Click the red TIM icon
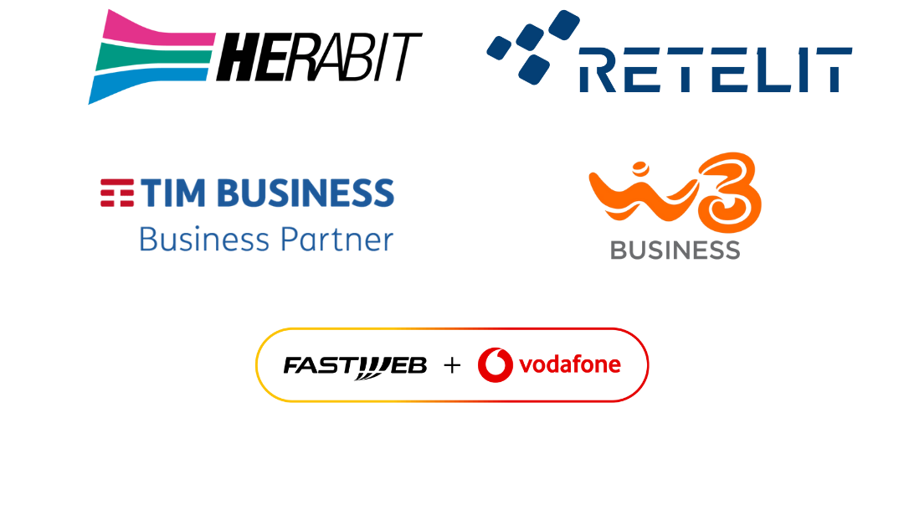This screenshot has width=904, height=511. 117,193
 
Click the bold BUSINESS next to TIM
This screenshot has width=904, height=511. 305,193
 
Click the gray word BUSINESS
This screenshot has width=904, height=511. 675,250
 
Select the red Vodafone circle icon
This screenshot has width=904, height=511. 495,365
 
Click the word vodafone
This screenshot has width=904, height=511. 570,365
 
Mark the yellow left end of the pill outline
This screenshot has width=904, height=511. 257,365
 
